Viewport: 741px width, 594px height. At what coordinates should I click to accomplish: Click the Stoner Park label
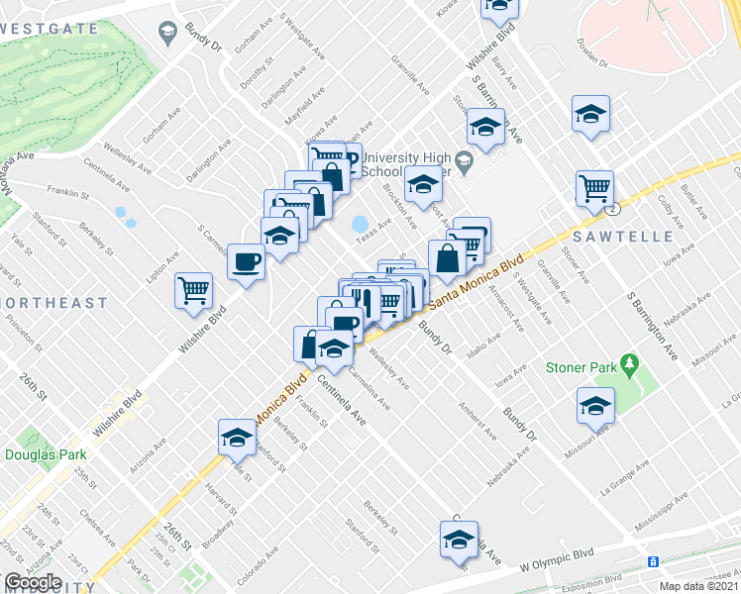click(580, 368)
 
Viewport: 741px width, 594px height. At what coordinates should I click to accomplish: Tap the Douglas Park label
click(46, 454)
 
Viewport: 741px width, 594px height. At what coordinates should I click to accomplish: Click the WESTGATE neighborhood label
click(50, 29)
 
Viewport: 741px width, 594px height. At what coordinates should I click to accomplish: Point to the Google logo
click(33, 582)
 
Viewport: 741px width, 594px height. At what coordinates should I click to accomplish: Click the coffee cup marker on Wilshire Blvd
click(247, 262)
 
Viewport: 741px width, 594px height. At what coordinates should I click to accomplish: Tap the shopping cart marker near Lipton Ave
click(194, 290)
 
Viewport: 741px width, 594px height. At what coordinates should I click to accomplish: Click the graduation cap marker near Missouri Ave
click(595, 404)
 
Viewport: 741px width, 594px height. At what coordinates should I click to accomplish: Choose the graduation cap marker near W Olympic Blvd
click(460, 540)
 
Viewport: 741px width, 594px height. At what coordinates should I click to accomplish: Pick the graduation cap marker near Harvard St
click(238, 436)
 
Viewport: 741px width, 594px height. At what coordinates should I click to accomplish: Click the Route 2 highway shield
click(614, 209)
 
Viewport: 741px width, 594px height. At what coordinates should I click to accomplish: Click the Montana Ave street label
click(14, 169)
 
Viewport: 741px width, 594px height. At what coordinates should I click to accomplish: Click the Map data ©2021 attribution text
click(697, 586)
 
